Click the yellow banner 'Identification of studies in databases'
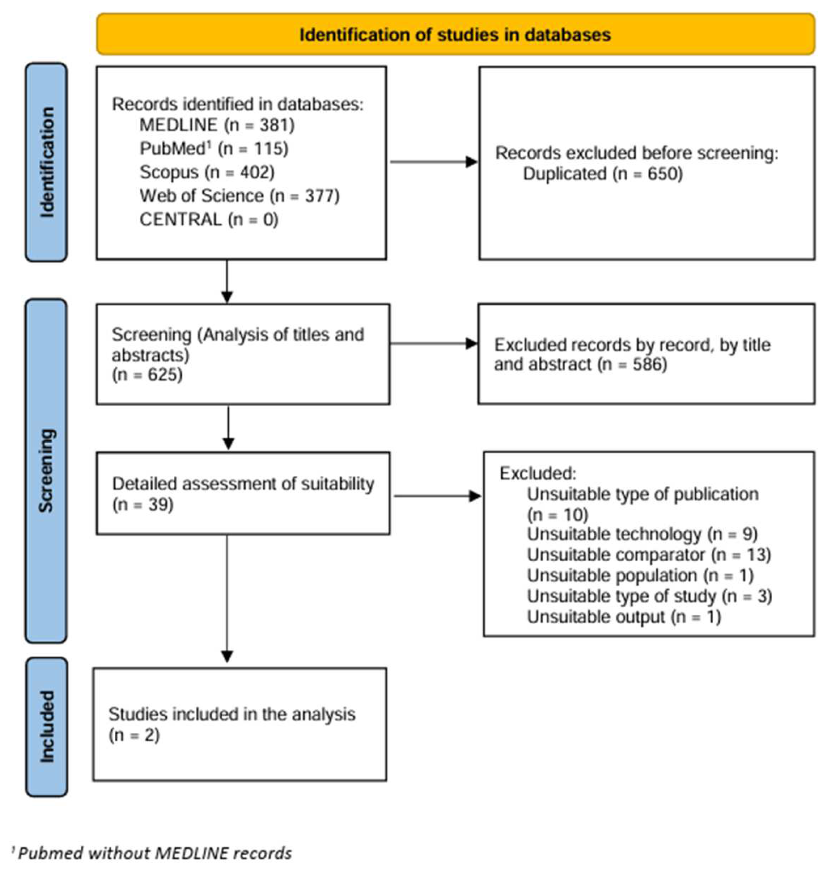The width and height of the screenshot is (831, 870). (x=455, y=34)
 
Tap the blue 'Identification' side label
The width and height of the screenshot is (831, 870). (x=46, y=162)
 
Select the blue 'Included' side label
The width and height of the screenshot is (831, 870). (x=46, y=727)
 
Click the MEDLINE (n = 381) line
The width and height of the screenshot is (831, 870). (x=217, y=125)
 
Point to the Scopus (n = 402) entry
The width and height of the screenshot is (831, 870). (x=207, y=172)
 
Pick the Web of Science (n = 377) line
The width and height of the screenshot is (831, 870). (x=239, y=196)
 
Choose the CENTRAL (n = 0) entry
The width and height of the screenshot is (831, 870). (x=209, y=219)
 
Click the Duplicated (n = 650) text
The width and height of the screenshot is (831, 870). (x=602, y=174)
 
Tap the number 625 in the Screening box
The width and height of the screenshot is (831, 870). (x=164, y=375)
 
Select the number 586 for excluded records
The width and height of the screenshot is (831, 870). (x=649, y=364)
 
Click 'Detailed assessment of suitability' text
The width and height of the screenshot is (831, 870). (x=243, y=484)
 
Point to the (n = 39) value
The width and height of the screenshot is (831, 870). (x=143, y=505)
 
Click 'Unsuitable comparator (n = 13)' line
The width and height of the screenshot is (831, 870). (x=649, y=555)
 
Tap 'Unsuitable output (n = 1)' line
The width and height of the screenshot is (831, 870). (x=624, y=617)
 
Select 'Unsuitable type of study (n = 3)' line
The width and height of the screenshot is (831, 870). (x=649, y=596)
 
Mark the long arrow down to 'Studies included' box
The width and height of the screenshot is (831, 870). (x=227, y=597)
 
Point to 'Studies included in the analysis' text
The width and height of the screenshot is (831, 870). (x=232, y=714)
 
